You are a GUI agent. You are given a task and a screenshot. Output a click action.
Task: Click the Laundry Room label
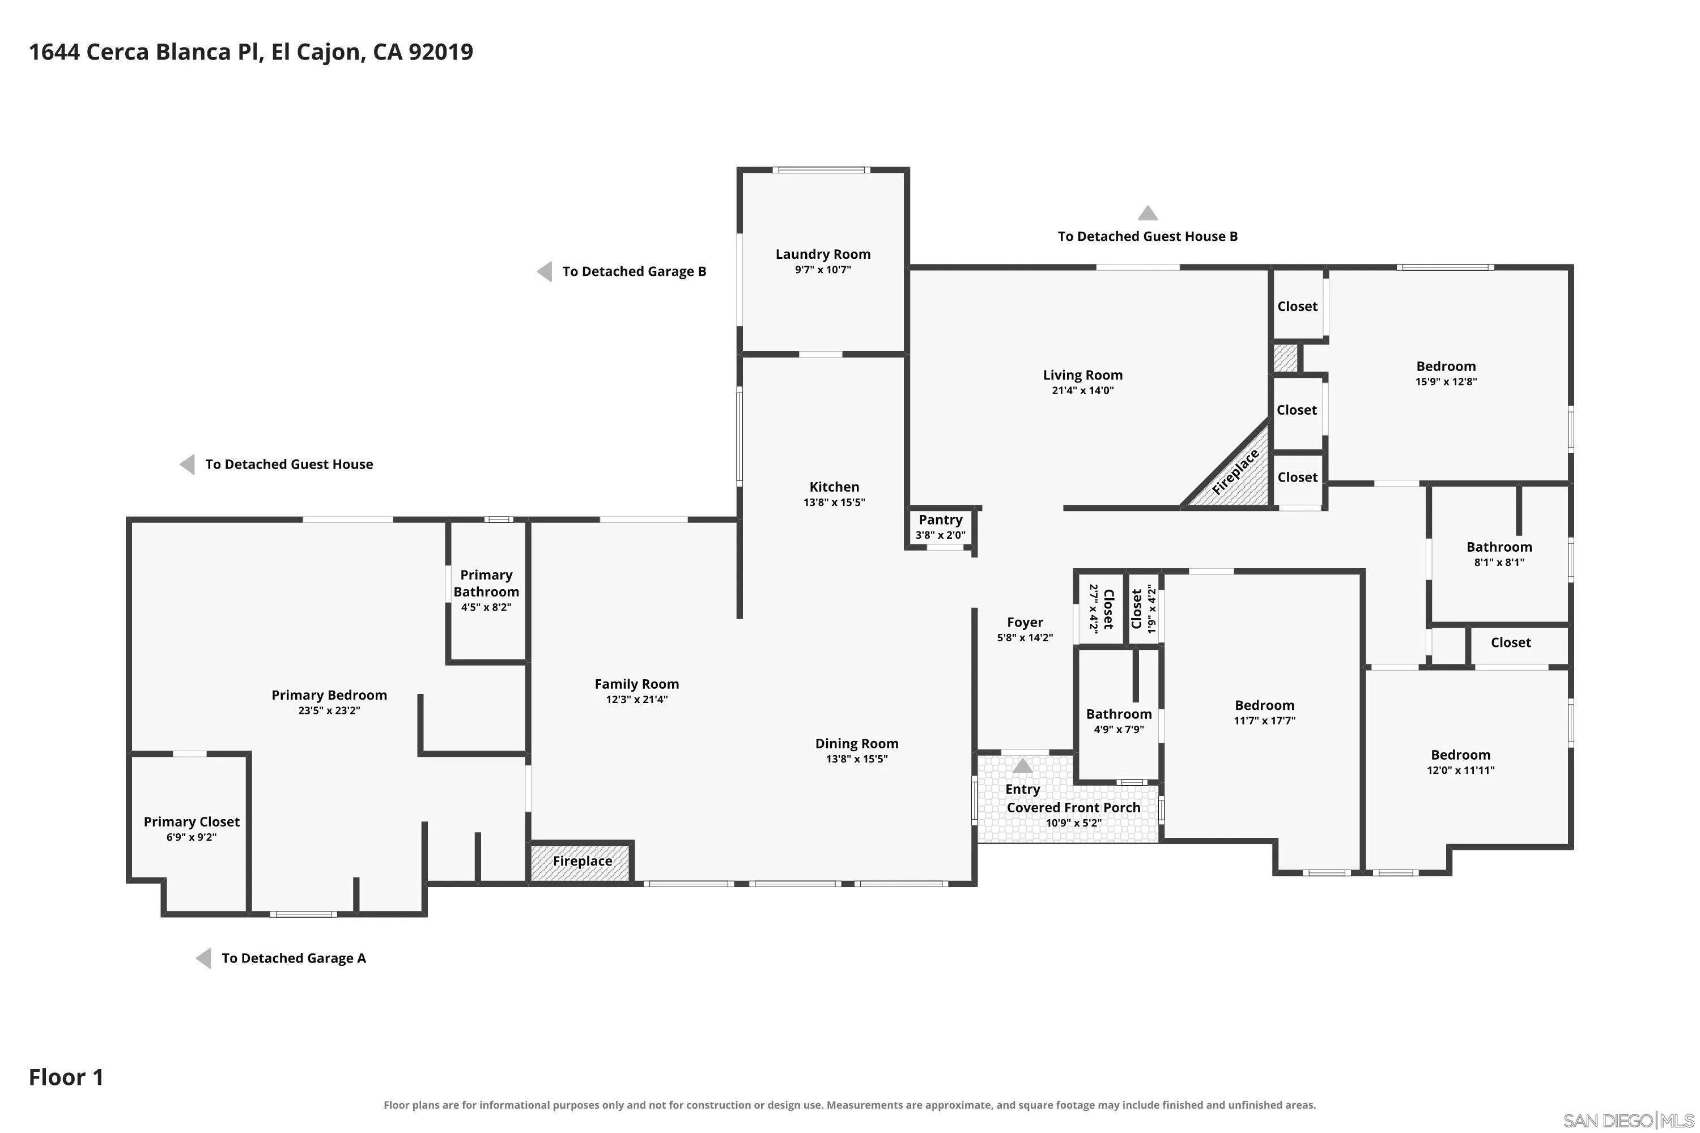823,254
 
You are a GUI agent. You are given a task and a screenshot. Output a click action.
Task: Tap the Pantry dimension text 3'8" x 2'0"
940,535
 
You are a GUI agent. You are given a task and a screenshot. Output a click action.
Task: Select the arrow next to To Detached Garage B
544,272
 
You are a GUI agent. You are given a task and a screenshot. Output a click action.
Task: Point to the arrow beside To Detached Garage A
203,958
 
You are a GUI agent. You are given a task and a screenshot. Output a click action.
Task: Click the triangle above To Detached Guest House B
1148,213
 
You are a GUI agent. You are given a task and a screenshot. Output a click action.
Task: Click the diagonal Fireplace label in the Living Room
1235,472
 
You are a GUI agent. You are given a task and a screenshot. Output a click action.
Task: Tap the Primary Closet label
192,821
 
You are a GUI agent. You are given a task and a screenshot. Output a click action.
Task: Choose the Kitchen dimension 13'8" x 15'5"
834,502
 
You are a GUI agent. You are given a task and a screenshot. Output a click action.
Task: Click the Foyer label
1025,622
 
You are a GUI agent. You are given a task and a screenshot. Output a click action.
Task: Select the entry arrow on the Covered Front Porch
1022,766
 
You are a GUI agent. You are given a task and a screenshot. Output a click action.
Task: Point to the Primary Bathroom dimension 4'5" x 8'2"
486,607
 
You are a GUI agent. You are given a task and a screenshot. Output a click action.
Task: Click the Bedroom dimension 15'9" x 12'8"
1446,381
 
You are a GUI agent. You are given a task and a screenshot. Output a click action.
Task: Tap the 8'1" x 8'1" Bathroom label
1499,547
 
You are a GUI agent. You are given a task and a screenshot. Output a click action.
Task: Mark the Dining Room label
856,743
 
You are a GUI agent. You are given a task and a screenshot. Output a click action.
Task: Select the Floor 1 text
66,1077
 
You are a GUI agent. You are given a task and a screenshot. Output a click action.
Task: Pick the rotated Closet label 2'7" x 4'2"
1102,609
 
